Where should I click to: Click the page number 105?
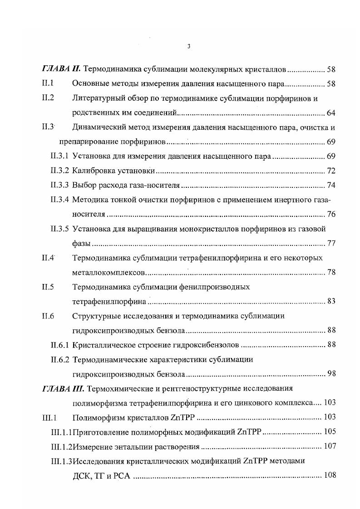[329, 431]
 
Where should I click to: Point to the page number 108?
[329, 475]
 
